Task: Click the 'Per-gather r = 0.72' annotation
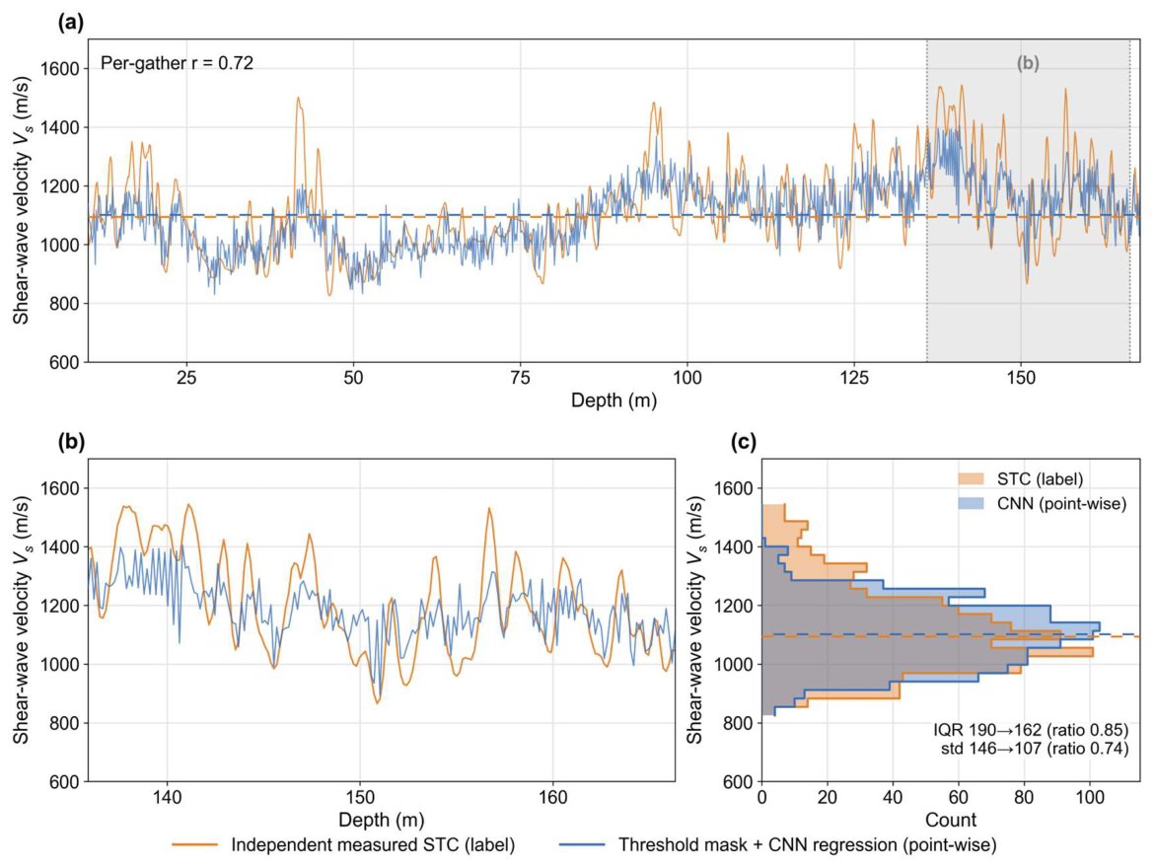click(x=177, y=63)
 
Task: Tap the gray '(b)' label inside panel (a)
click(x=1028, y=63)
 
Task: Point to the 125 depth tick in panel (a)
click(x=854, y=379)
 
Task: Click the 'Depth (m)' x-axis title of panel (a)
click(x=614, y=400)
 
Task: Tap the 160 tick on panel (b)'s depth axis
click(x=553, y=798)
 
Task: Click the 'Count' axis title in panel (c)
click(x=951, y=820)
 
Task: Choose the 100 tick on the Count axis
click(x=1090, y=798)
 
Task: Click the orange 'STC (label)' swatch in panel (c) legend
click(x=971, y=479)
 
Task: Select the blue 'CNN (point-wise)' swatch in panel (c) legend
click(x=971, y=504)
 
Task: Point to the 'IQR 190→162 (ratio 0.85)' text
click(x=1031, y=730)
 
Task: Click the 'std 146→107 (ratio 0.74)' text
click(x=1035, y=750)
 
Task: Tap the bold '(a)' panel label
click(x=71, y=23)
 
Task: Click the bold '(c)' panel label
click(x=743, y=442)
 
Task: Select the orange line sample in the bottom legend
click(x=194, y=844)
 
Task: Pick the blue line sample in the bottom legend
click(x=582, y=844)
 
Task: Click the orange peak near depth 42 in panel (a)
click(x=299, y=98)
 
